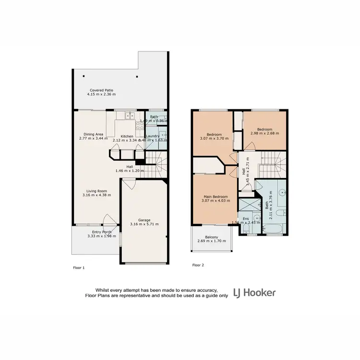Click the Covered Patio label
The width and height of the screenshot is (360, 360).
(x=98, y=90)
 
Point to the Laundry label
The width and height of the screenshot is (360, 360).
(x=153, y=136)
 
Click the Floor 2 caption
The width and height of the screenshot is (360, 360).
(x=198, y=265)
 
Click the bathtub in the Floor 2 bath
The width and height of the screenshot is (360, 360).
(x=273, y=231)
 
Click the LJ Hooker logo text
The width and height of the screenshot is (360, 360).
(x=254, y=293)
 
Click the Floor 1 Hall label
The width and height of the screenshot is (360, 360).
(x=130, y=167)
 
